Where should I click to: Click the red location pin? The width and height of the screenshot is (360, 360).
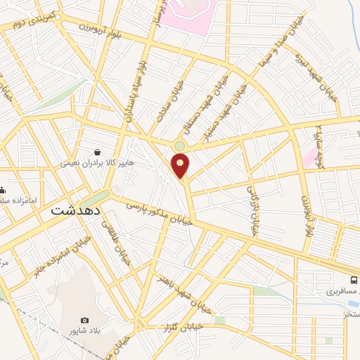pos(181,167)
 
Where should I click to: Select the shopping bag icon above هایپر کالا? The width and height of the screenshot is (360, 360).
pos(96,151)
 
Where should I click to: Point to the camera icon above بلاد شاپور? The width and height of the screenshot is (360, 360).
pos(84,321)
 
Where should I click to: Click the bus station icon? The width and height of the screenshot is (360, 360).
pos(354,279)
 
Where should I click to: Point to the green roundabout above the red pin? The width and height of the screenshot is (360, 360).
pos(179,146)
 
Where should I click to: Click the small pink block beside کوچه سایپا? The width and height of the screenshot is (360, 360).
pos(310,155)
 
